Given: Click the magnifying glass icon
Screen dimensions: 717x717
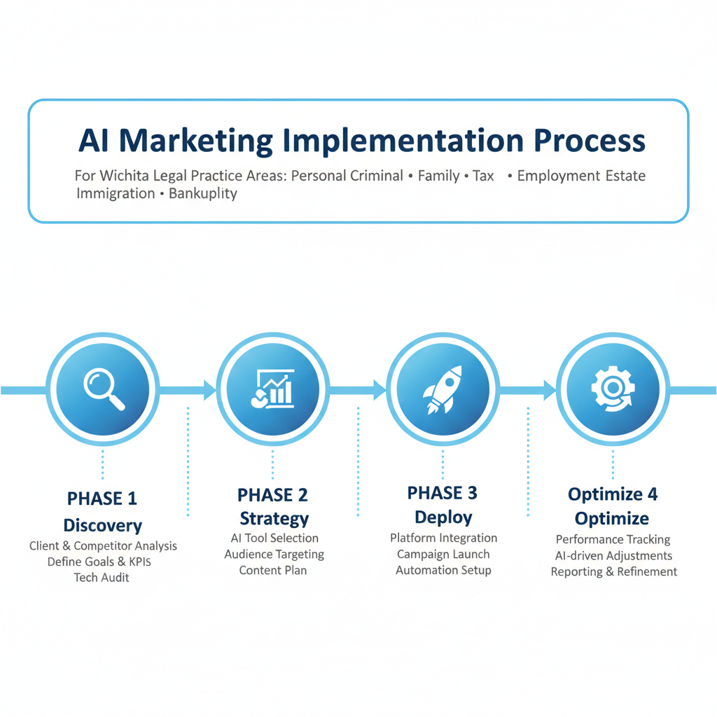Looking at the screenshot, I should pos(103,389).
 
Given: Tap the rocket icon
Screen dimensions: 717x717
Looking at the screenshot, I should pos(443,389).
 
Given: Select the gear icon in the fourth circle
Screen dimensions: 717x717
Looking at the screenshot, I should pos(613,389).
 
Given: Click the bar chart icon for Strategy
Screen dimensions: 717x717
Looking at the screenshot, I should pos(272,389).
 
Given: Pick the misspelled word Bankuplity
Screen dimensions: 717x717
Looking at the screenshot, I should pos(203,193).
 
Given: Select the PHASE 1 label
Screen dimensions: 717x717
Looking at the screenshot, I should pos(102,499).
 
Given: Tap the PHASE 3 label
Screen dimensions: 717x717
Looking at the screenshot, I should pos(443,493).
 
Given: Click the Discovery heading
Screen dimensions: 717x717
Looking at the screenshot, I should pos(102,525).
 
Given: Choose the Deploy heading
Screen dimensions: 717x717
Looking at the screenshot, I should pos(443,517).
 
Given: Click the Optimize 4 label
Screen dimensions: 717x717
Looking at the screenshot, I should pos(613,494).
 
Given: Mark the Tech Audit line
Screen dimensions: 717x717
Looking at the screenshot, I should pos(102,578).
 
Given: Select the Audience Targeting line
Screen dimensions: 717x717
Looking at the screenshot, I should pos(274,554).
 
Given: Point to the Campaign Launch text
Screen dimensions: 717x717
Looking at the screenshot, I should pos(443,554).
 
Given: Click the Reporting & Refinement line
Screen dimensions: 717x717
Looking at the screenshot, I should pos(613,571).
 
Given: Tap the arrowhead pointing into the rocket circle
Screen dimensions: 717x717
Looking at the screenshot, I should pos(380,389).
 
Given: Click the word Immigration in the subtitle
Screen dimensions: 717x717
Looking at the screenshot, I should pos(116,193).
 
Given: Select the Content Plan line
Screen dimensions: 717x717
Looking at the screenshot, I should pos(273,570).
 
